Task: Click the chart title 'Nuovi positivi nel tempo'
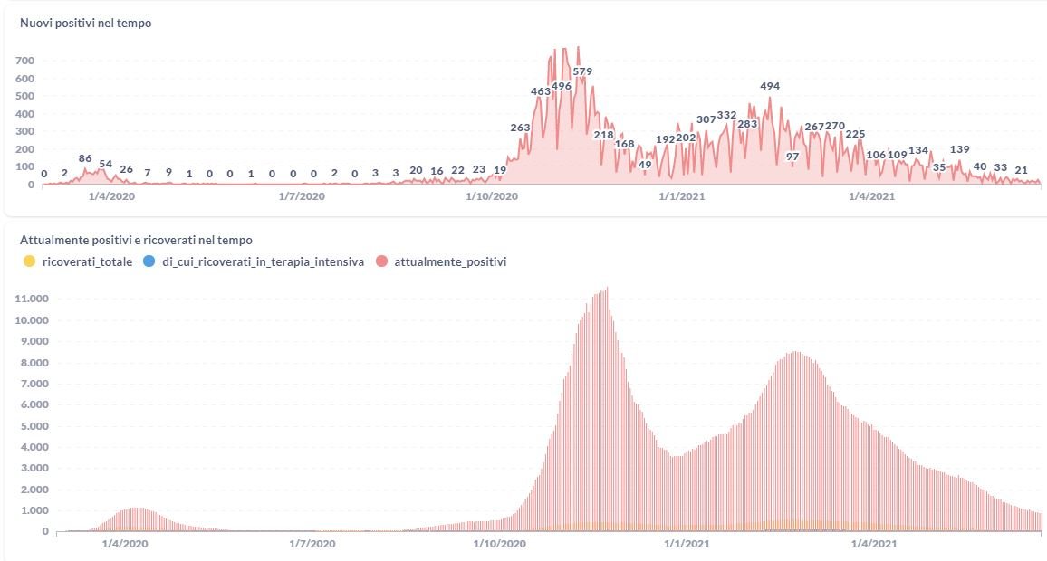click(85, 24)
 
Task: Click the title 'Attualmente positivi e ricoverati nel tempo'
click(136, 241)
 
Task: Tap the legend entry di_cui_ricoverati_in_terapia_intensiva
click(263, 261)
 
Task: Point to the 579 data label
click(582, 71)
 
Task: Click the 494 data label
click(770, 86)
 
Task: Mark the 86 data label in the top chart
click(85, 158)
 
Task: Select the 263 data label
click(520, 128)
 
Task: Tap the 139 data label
click(960, 149)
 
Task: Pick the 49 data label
click(645, 165)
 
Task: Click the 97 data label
click(792, 156)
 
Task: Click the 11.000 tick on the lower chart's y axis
click(31, 299)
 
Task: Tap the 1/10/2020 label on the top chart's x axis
click(492, 195)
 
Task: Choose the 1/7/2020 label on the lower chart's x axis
click(312, 544)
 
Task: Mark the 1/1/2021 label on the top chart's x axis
click(681, 195)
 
